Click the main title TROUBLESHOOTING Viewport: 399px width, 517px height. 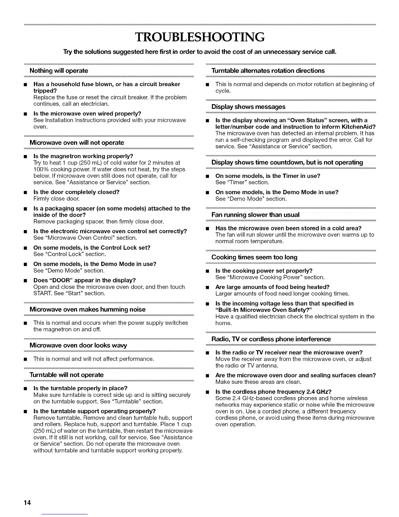pos(199,38)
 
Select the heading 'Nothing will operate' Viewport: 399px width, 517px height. pos(59,70)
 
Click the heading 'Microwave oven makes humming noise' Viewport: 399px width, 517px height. pos(87,309)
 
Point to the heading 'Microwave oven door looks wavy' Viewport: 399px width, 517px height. pos(78,345)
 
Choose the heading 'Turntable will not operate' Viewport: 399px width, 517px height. pos(66,375)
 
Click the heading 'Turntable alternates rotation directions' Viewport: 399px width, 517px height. pos(268,70)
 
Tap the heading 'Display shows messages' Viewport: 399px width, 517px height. pos(248,107)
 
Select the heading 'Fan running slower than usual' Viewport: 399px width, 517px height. pos(255,215)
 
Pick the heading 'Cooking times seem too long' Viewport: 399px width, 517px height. pos(254,257)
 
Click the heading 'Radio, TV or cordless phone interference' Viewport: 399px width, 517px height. pos(271,339)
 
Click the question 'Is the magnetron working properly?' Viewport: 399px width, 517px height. pos(83,156)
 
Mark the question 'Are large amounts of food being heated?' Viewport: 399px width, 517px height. pos(273,287)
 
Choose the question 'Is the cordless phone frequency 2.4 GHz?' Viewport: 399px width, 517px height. pos(273,392)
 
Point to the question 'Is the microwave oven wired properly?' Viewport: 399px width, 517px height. pos(87,114)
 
